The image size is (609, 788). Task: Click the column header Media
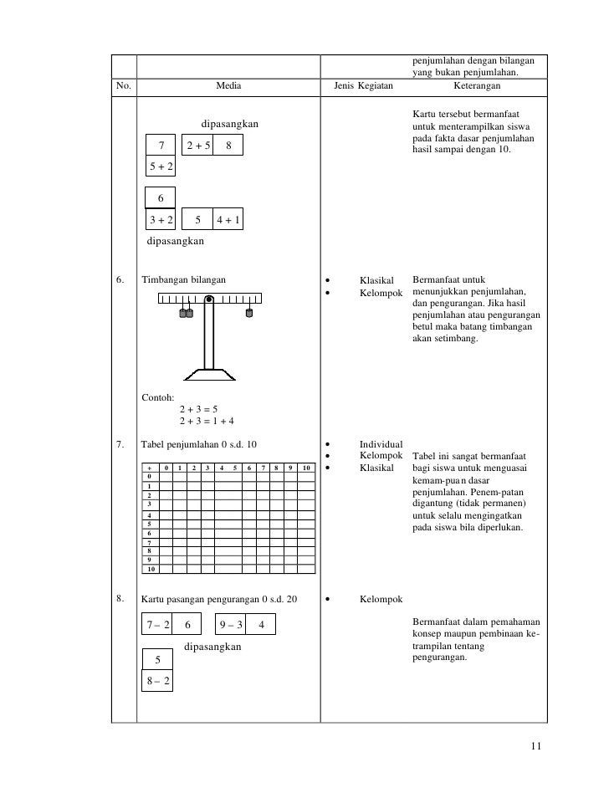point(227,86)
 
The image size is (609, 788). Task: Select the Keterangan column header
point(476,86)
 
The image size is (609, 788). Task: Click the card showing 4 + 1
point(228,221)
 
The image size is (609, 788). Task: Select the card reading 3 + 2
point(161,221)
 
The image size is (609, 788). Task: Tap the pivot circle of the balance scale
point(209,299)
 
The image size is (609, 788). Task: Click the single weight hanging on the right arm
point(248,314)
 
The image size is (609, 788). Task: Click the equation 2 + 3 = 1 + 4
point(207,421)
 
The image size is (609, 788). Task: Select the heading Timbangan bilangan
point(183,279)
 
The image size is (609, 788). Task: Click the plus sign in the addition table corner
point(150,467)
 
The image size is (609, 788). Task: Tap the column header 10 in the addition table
point(306,467)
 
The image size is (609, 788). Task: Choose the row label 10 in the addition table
point(151,569)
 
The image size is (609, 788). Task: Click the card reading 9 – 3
point(230,625)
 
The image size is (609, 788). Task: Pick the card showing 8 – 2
point(157,681)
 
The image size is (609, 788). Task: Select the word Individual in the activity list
point(381,443)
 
